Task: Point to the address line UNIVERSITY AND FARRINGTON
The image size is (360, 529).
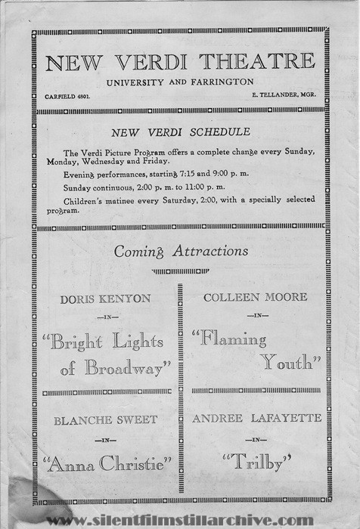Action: coord(179,82)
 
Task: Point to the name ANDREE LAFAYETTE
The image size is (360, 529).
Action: coord(257,418)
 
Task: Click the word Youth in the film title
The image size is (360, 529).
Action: coord(290,363)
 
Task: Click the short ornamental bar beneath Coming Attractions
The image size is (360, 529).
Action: coord(179,271)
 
